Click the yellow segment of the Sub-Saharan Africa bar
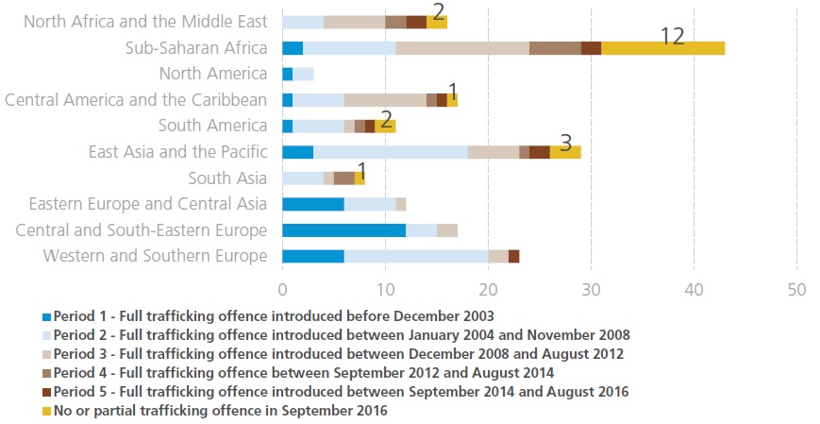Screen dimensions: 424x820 tap(662, 48)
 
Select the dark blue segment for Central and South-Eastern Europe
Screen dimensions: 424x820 tap(344, 230)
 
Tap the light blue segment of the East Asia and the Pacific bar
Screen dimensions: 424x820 tap(391, 152)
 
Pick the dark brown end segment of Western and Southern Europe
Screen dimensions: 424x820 tap(513, 256)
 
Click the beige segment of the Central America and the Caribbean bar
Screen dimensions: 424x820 tap(385, 100)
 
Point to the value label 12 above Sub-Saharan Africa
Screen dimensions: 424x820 tap(672, 36)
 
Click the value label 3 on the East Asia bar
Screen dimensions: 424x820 tap(565, 143)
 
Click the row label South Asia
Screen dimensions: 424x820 tap(227, 178)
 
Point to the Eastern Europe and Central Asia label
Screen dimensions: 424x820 tap(148, 204)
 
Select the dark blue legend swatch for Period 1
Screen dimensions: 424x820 tap(47, 315)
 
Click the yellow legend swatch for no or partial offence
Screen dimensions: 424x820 tap(47, 410)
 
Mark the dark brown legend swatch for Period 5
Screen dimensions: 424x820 tap(47, 391)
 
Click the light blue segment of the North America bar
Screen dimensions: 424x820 tap(303, 74)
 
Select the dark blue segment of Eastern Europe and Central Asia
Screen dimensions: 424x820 tap(313, 204)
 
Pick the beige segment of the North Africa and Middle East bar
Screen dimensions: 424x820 tap(354, 22)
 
